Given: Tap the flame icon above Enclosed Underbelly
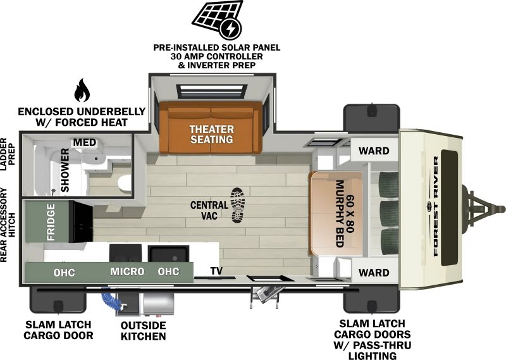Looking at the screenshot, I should [x=82, y=92].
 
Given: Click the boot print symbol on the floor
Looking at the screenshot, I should [x=238, y=205].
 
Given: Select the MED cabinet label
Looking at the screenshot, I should [x=84, y=142].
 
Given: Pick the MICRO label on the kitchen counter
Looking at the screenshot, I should [x=127, y=272].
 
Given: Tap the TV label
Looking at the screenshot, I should [x=217, y=271].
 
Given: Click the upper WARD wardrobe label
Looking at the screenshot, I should [x=374, y=151].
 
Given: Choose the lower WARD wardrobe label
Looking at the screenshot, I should [x=374, y=273].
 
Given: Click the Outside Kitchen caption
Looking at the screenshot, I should [x=143, y=330].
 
